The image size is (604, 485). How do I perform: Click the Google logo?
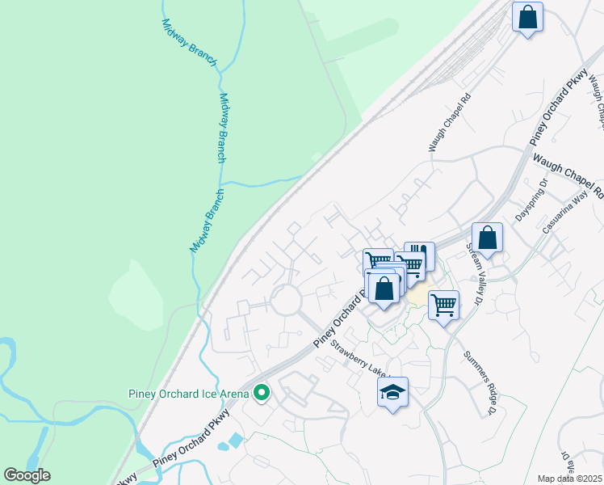click(x=27, y=475)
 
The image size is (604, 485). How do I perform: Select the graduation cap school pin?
click(x=392, y=393)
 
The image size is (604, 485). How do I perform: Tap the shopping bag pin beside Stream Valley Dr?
click(x=487, y=238)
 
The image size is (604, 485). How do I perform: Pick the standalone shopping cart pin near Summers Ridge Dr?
click(x=443, y=306)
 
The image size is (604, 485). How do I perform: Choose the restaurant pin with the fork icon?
click(x=419, y=255)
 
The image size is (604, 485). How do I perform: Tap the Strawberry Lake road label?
click(x=360, y=357)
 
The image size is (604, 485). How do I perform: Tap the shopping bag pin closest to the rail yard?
click(x=527, y=17)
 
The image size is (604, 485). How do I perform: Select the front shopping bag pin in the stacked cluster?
click(x=384, y=289)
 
